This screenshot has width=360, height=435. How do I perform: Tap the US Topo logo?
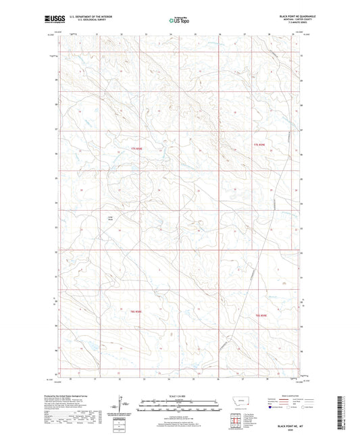(179, 20)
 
